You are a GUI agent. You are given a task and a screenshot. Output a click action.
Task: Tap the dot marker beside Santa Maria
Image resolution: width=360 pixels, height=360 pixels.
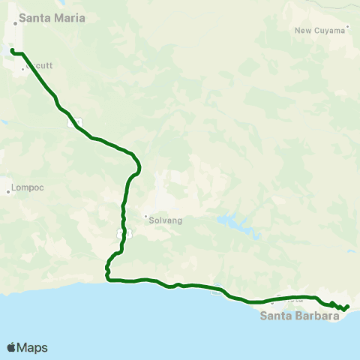point(15,23)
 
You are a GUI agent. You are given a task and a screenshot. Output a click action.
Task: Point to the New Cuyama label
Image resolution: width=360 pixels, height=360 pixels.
point(320,31)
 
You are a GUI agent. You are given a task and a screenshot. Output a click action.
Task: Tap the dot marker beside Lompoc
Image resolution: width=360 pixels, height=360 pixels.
point(8,189)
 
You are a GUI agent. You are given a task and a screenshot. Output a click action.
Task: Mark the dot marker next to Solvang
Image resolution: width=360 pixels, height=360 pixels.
point(146,217)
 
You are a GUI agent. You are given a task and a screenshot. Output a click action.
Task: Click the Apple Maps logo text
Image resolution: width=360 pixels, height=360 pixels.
point(32,347)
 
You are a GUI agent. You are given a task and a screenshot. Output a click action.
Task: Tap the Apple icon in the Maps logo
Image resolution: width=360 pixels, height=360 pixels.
point(11,346)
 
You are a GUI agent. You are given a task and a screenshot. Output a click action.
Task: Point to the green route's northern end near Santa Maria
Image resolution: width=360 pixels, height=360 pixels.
point(12,50)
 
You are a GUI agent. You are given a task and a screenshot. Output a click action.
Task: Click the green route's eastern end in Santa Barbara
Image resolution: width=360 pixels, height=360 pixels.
point(347,305)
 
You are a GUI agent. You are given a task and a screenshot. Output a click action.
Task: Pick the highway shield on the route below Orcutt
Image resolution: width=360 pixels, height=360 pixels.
point(70,123)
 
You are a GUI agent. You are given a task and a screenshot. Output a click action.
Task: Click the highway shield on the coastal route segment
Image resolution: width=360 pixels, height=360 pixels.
point(216,292)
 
